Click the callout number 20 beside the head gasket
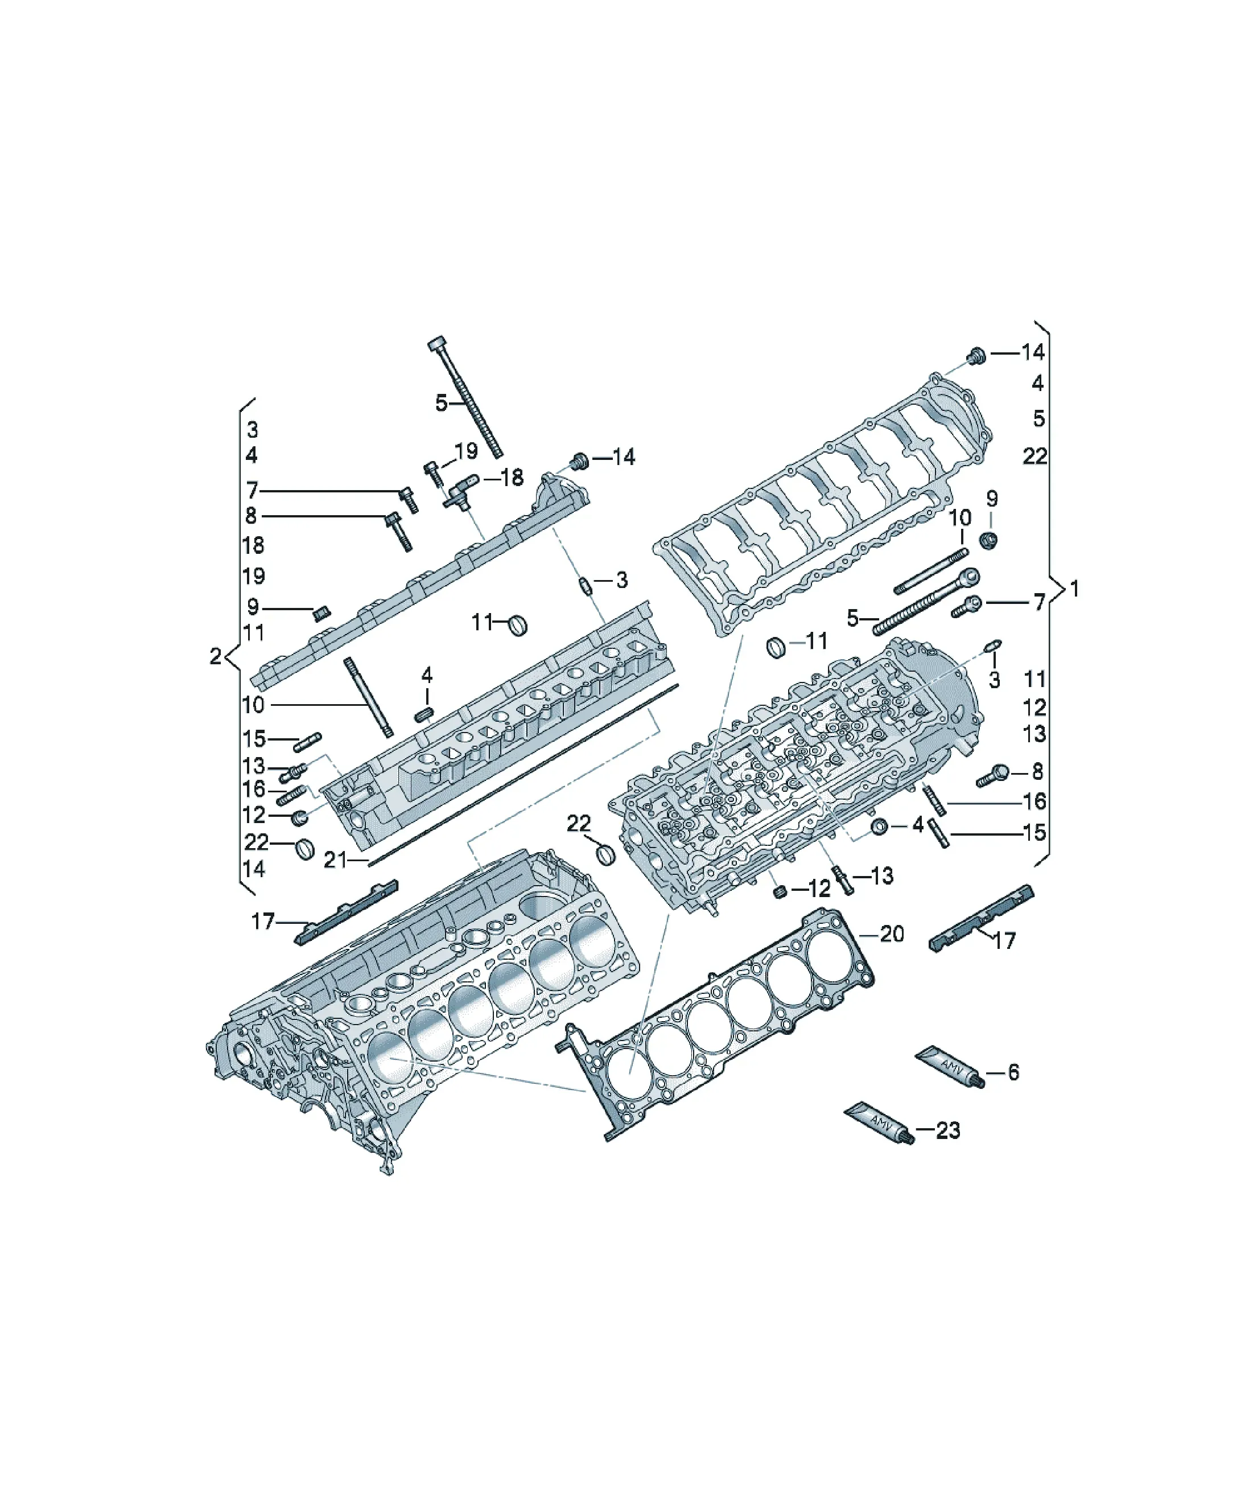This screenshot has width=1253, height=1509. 892,934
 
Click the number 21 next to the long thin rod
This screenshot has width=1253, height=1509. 335,860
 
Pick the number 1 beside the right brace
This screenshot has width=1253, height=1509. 1074,589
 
